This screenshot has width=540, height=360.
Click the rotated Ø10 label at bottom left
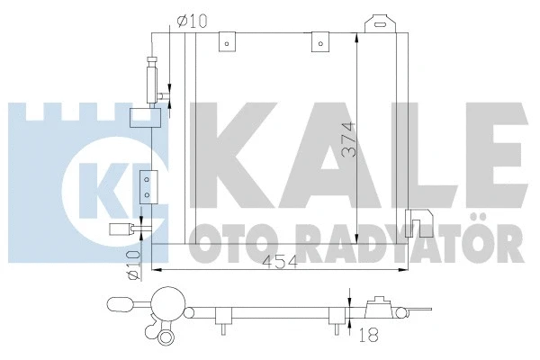click(x=132, y=265)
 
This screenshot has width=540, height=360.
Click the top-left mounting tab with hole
click(x=231, y=40)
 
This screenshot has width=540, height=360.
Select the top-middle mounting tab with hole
click(x=318, y=40)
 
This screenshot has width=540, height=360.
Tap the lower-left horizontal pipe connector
click(x=120, y=229)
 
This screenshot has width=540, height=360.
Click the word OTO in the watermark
click(x=227, y=244)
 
